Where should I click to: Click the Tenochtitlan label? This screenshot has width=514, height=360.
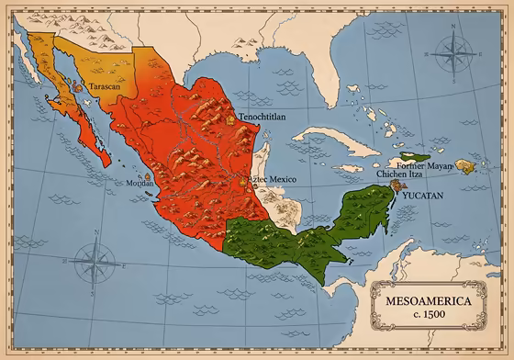[x=263, y=118]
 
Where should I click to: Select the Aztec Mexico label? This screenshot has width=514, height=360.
[x=276, y=178]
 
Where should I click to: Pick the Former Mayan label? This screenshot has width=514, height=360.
[x=425, y=165]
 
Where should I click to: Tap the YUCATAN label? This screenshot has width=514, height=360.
[x=420, y=196]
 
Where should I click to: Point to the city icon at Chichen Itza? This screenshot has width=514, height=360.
[x=397, y=185]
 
